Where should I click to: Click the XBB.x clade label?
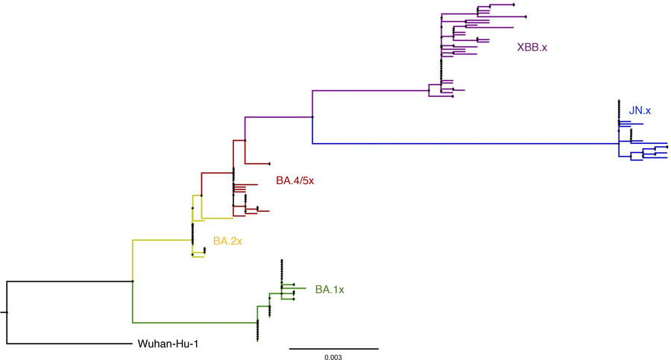532,48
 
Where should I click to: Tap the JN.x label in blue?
640,110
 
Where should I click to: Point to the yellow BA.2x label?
228,241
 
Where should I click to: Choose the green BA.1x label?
330,289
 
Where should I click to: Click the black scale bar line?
333,348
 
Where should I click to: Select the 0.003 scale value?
333,358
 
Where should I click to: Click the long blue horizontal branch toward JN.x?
462,143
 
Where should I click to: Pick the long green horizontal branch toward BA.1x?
194,323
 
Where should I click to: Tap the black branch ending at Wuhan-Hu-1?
67,344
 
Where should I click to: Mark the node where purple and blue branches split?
312,117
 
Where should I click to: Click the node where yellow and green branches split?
132,281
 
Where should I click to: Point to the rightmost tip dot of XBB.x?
526,16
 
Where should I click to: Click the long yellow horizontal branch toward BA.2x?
160,240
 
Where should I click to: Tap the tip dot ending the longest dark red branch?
268,163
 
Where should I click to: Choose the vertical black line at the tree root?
7,312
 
